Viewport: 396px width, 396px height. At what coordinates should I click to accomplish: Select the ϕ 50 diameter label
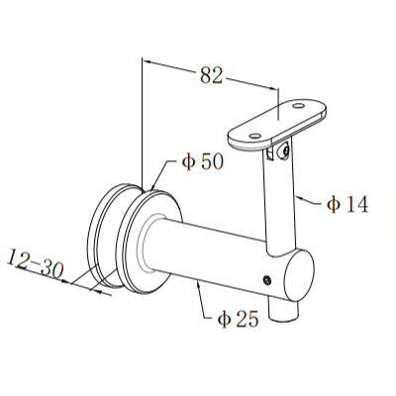[x=203, y=161]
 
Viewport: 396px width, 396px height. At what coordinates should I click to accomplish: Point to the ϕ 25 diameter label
[x=239, y=320]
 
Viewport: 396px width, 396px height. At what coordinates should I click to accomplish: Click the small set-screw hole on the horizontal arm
[x=265, y=280]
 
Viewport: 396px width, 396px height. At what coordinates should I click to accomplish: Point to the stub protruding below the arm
[x=288, y=310]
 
